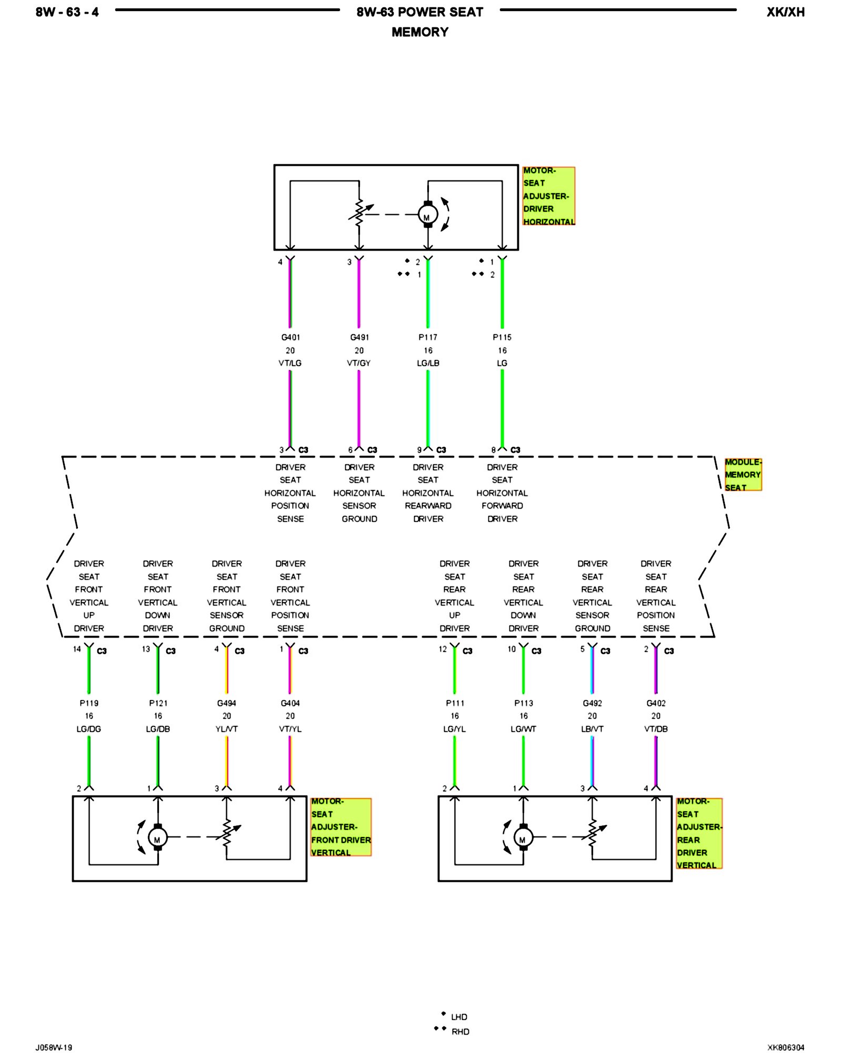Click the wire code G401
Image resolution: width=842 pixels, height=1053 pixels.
tap(290, 337)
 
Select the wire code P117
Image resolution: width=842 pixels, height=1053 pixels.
tap(428, 337)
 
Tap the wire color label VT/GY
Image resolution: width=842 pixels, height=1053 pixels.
tap(359, 363)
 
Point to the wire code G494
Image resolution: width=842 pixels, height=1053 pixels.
tap(227, 703)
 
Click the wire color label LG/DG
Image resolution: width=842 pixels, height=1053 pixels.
tap(89, 729)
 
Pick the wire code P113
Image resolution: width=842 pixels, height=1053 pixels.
tap(524, 703)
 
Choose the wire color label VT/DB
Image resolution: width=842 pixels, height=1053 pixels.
tap(656, 729)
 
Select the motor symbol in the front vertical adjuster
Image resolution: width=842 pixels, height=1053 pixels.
tap(157, 837)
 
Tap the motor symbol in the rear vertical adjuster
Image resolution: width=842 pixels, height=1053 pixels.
tap(523, 837)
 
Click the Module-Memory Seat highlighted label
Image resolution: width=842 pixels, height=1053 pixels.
tap(743, 475)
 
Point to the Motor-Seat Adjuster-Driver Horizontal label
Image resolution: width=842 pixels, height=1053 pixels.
tap(548, 196)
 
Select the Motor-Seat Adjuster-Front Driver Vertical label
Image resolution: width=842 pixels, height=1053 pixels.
tap(340, 827)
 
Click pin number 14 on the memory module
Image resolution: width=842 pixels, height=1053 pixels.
tap(77, 649)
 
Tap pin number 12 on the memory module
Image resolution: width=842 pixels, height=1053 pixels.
tap(443, 649)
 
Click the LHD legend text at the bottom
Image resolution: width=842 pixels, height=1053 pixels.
tap(459, 1017)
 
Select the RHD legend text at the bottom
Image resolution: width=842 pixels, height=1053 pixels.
tap(460, 1032)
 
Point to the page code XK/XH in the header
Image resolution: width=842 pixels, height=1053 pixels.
tap(785, 12)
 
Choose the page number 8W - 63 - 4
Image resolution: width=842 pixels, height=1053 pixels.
tap(67, 12)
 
